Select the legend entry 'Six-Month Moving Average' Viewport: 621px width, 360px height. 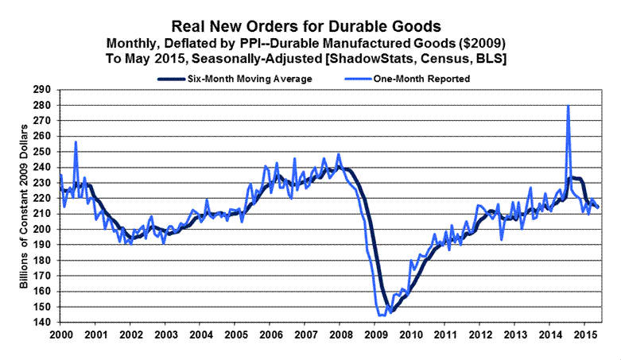coord(245,79)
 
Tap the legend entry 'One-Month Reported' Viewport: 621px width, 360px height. coord(421,79)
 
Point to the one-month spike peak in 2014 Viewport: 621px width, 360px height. coord(568,106)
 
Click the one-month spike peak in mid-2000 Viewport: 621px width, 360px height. coord(76,142)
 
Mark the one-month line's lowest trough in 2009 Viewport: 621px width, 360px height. coord(382,315)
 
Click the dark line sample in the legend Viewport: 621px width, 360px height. coord(172,79)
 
